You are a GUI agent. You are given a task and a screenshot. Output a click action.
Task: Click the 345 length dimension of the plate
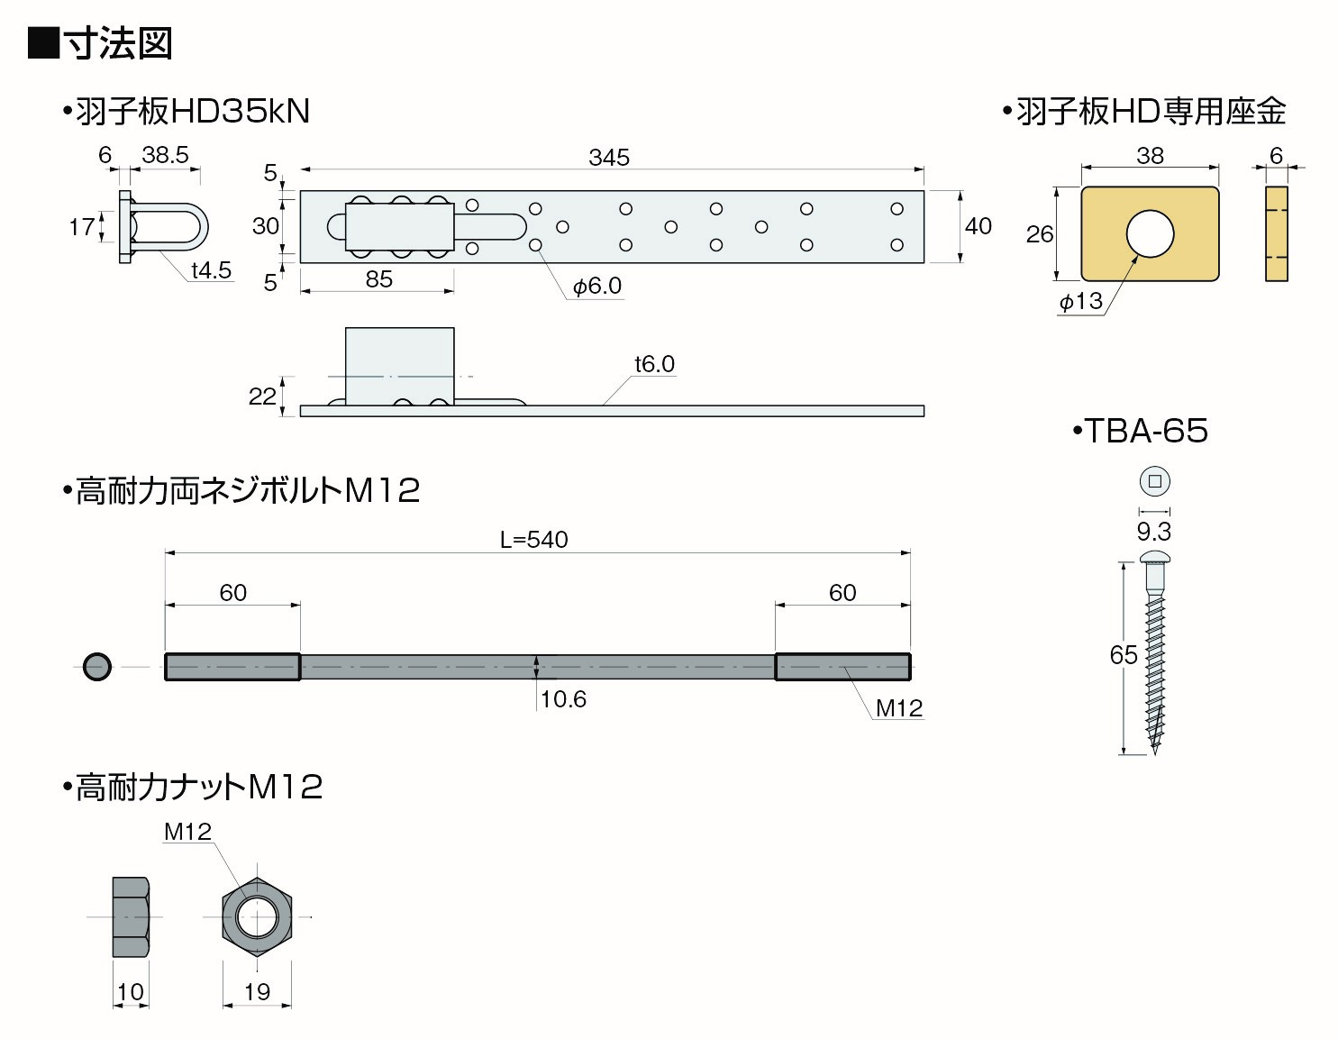click(x=608, y=158)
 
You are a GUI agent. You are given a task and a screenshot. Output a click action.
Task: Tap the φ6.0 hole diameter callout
click(x=597, y=287)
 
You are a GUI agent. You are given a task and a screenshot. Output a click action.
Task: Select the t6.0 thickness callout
click(x=654, y=364)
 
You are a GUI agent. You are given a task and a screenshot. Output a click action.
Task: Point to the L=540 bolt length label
click(x=534, y=540)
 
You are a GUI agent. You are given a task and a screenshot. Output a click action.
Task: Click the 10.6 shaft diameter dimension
click(x=563, y=699)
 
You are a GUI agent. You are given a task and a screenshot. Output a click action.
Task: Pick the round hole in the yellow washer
click(x=1150, y=233)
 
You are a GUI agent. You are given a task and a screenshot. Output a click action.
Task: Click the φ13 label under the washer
click(x=1080, y=301)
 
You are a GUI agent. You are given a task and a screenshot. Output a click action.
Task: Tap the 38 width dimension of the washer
click(x=1150, y=156)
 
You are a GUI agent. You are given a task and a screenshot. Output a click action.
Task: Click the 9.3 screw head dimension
click(x=1153, y=532)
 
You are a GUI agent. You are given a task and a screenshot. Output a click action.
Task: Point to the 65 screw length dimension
click(x=1124, y=655)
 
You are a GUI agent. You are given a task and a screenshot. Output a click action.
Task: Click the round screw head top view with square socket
click(x=1154, y=481)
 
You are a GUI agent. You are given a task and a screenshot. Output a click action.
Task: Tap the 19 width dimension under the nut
click(x=257, y=992)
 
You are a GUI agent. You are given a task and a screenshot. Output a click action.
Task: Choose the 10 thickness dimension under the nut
click(x=130, y=992)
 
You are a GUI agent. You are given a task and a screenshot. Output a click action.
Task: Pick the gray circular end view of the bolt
click(x=96, y=667)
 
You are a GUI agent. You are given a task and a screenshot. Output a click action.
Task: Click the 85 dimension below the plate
click(x=378, y=279)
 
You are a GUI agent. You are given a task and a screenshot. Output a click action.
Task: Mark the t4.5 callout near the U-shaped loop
click(x=211, y=270)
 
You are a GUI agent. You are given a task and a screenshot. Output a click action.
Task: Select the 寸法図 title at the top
click(x=117, y=43)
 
